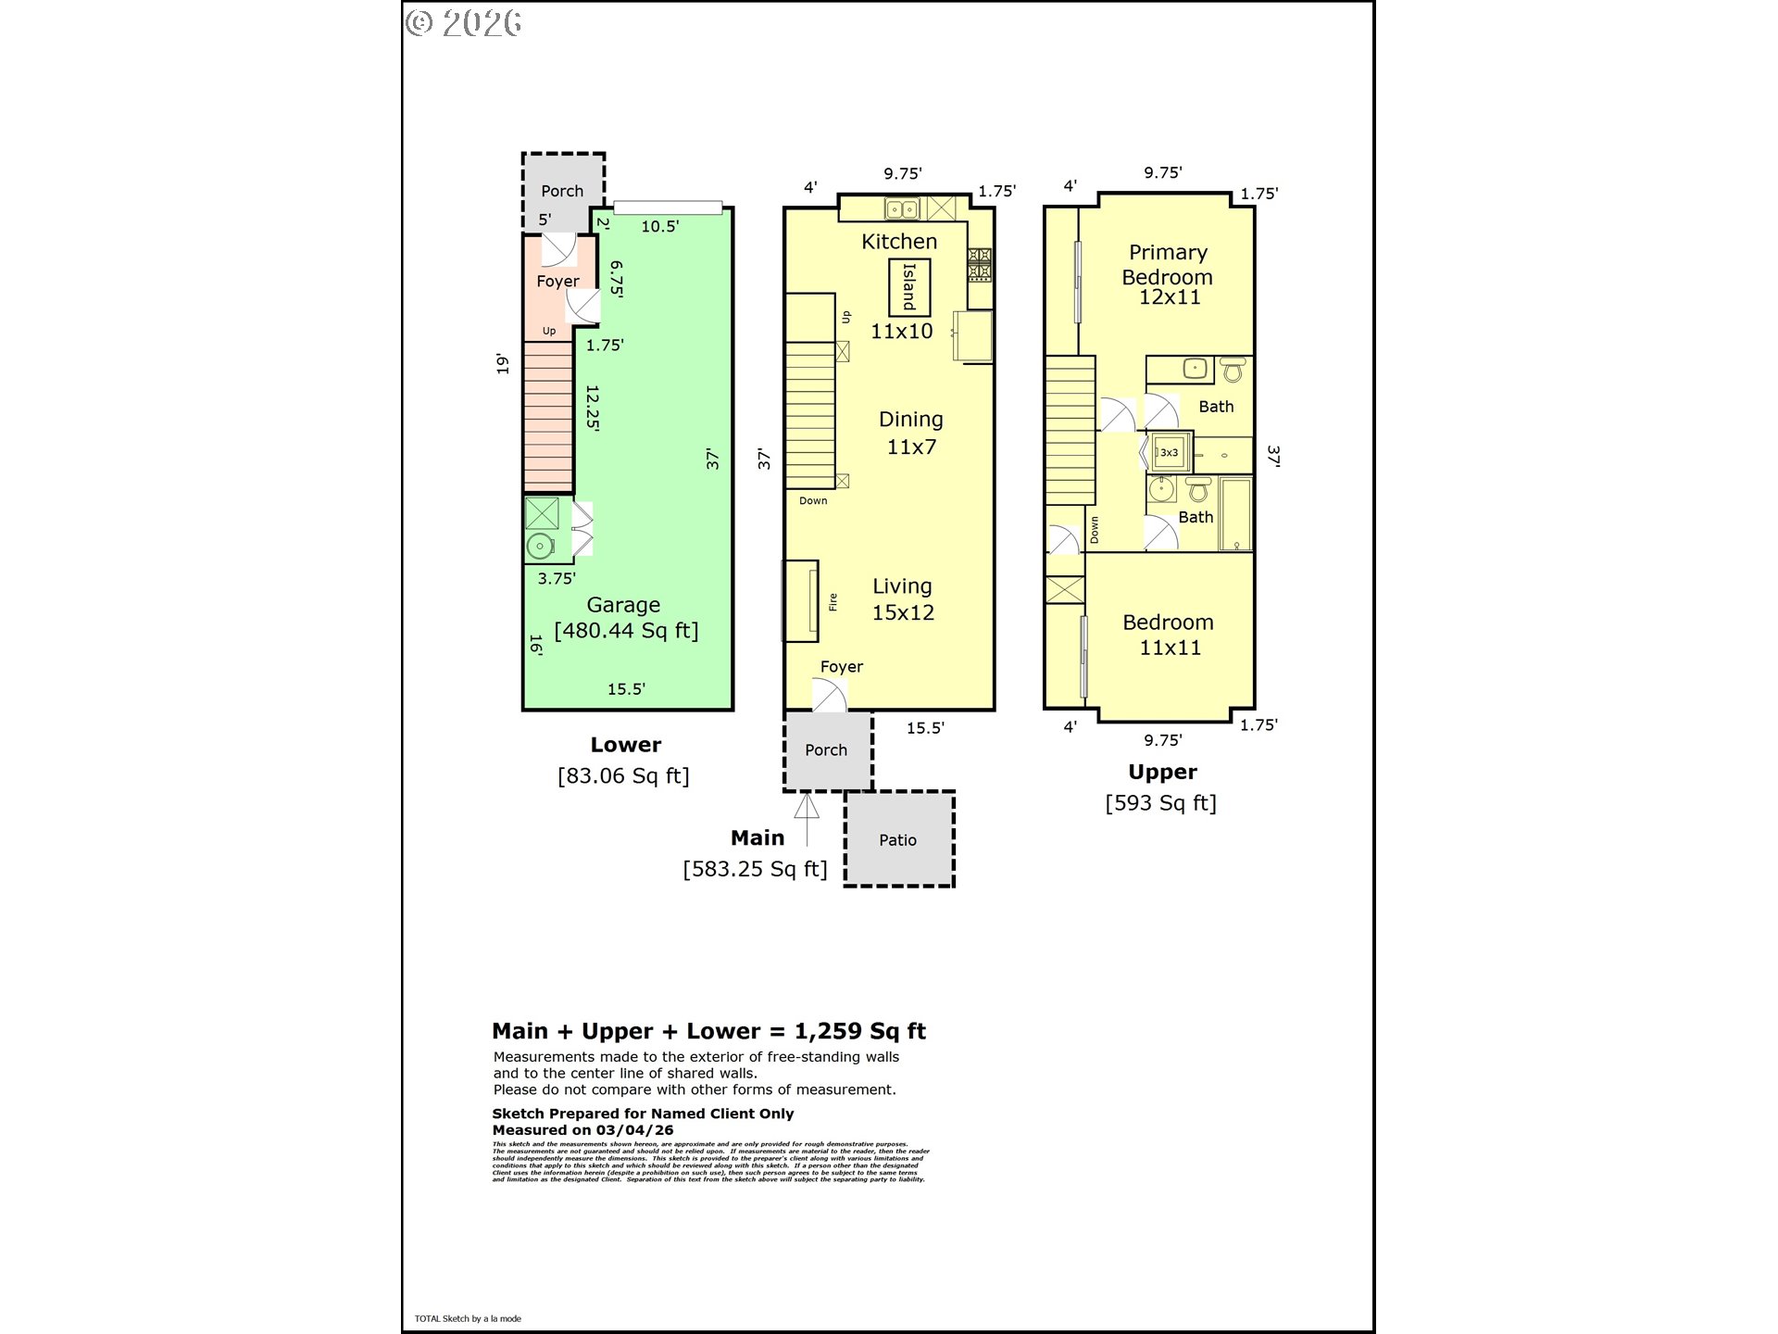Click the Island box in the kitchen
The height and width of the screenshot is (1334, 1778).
point(908,287)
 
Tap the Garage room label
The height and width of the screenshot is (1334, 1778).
point(623,605)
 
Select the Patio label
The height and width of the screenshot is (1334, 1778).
point(897,840)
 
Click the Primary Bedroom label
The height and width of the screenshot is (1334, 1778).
point(1168,265)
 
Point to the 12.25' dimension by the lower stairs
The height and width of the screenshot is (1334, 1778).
point(593,409)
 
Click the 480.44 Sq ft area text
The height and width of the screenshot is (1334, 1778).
point(626,631)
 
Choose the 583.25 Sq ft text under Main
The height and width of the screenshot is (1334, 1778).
point(755,869)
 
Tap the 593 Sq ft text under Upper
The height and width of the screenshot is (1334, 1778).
point(1160,803)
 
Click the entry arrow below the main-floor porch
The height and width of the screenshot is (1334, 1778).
point(807,819)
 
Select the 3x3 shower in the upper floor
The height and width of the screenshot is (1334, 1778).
point(1169,452)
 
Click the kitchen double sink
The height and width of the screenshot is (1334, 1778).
point(901,209)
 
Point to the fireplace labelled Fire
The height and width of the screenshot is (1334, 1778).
point(802,601)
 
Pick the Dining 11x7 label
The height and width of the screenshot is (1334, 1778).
point(911,433)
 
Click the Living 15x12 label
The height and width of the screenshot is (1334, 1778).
point(903,599)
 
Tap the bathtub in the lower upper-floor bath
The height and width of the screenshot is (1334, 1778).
point(1235,514)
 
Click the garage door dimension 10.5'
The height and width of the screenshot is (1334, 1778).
point(659,226)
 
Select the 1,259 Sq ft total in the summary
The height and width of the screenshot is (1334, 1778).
point(859,1031)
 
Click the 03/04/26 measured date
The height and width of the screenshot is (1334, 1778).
point(634,1130)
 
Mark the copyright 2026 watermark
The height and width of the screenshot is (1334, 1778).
point(464,23)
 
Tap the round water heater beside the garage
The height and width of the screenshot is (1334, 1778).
point(540,546)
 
